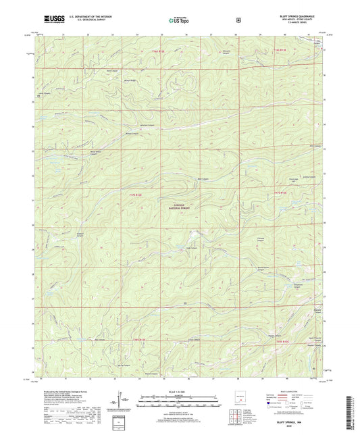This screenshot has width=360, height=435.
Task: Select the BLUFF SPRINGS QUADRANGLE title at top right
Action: (298, 14)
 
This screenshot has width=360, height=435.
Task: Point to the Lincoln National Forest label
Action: (178, 206)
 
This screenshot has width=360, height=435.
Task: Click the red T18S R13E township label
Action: (286, 342)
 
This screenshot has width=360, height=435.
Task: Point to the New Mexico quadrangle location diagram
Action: (240, 399)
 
